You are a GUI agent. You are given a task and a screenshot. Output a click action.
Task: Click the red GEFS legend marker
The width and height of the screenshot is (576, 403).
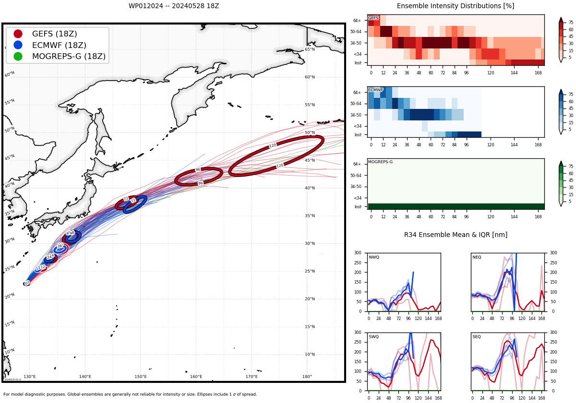(18, 34)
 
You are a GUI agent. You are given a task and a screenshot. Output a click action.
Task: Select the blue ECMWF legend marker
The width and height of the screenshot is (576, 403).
(18, 45)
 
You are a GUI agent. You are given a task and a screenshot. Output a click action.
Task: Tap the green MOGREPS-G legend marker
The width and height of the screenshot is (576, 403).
(18, 56)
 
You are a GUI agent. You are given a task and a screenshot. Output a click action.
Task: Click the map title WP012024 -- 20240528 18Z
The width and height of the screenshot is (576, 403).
(174, 6)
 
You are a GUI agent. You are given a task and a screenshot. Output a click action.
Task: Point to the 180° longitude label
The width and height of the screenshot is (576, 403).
(307, 377)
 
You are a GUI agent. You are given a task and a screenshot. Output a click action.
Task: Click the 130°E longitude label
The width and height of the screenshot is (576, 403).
(30, 377)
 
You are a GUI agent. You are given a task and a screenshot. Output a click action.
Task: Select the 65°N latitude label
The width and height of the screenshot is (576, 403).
(310, 49)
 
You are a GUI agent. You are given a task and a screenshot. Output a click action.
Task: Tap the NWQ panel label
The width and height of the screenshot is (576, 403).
(374, 258)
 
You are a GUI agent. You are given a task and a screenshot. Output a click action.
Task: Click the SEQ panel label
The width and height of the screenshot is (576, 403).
(477, 337)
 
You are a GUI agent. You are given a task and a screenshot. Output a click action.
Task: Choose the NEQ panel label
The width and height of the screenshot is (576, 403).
(477, 258)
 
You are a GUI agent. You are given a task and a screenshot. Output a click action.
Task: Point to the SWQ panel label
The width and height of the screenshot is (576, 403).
(374, 337)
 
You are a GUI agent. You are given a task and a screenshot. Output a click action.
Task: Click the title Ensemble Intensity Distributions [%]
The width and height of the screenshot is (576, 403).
(456, 6)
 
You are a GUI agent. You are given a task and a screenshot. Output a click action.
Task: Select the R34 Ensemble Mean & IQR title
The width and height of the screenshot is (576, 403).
(456, 235)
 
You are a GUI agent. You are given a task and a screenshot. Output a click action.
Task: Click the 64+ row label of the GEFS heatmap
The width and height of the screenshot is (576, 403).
(357, 21)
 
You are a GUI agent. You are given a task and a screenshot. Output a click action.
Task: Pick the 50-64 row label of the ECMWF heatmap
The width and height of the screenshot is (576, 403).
(356, 104)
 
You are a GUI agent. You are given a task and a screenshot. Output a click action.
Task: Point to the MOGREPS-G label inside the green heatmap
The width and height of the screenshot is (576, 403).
(380, 162)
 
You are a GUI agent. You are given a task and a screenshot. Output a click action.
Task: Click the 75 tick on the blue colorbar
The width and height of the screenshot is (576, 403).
(571, 95)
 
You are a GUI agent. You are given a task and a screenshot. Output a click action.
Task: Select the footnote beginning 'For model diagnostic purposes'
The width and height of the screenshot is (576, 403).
(130, 394)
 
